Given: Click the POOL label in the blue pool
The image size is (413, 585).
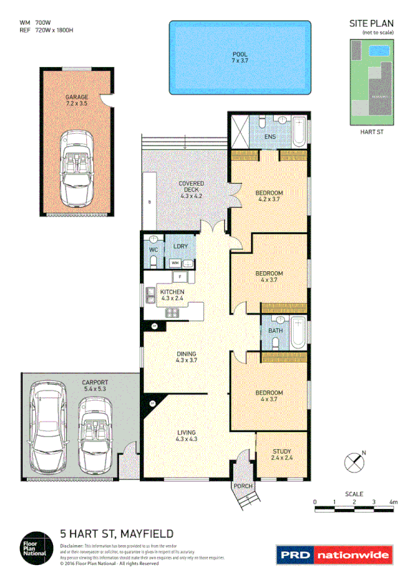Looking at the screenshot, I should (x=239, y=58).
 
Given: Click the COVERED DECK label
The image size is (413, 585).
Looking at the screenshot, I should (x=191, y=189).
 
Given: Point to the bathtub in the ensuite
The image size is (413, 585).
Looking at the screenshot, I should (x=299, y=132).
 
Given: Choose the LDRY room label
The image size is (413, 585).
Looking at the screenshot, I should (x=181, y=245).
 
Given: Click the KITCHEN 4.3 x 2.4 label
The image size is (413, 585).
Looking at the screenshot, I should (x=172, y=296).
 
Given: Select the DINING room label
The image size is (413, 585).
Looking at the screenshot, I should (x=186, y=357).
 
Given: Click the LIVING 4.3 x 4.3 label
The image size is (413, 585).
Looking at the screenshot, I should (x=186, y=435).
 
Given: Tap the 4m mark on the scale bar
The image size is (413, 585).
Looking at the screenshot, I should (x=393, y=502).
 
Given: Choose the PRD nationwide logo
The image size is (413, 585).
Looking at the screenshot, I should (x=334, y=553).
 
